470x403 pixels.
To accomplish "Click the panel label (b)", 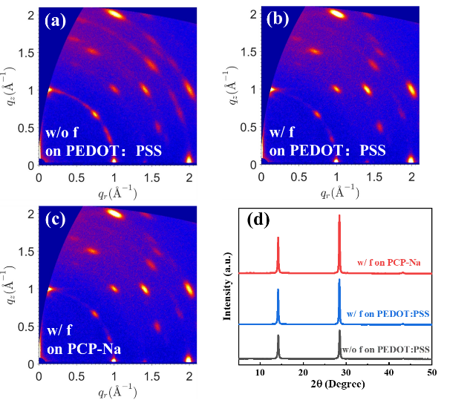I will click(x=278, y=20).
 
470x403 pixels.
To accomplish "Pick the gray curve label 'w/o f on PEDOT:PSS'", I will click(x=386, y=349).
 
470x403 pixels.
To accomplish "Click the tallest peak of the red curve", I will click(x=340, y=217).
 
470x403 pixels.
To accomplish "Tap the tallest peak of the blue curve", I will click(x=339, y=281).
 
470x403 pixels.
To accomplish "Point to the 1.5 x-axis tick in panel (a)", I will click(x=152, y=178).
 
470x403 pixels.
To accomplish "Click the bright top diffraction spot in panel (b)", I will click(x=336, y=13).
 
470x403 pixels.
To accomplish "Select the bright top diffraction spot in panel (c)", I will click(x=114, y=214).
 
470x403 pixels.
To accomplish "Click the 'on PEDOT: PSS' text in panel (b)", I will click(x=327, y=150).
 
